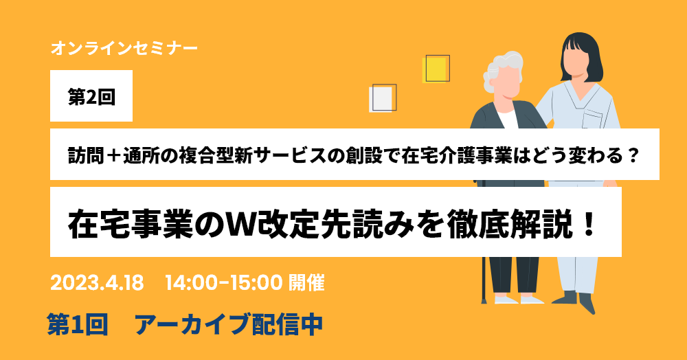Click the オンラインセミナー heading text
(124, 48)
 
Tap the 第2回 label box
(91, 96)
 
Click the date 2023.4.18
(97, 283)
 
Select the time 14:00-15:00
(223, 283)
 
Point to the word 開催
(306, 283)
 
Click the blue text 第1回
(78, 325)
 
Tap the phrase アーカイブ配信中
(229, 325)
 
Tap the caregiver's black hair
(581, 55)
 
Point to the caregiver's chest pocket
(593, 119)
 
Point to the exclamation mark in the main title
(589, 224)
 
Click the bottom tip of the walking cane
(484, 302)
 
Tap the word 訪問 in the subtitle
(87, 155)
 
